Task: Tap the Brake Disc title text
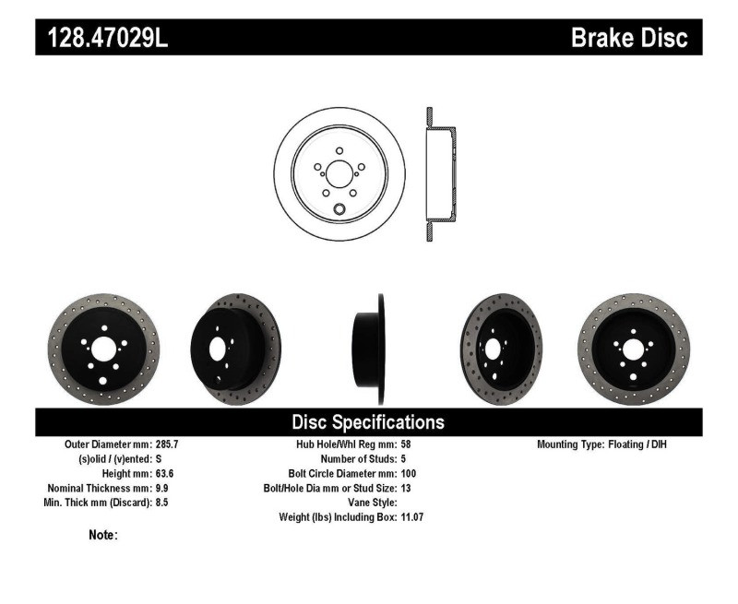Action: tap(629, 38)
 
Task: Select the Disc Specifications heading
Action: tap(368, 422)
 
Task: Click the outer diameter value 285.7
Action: tap(167, 444)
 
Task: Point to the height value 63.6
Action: tap(164, 473)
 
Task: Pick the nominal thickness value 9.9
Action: tap(161, 488)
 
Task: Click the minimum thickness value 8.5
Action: tap(161, 503)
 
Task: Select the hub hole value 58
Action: tap(407, 444)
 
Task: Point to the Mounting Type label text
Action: tap(570, 444)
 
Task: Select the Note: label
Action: tap(102, 535)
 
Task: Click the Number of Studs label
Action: tap(359, 458)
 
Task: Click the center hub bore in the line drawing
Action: tap(340, 172)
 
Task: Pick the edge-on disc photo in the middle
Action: tap(368, 349)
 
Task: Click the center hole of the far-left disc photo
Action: tap(103, 349)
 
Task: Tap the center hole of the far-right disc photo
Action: tap(633, 349)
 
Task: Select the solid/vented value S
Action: tap(160, 458)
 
